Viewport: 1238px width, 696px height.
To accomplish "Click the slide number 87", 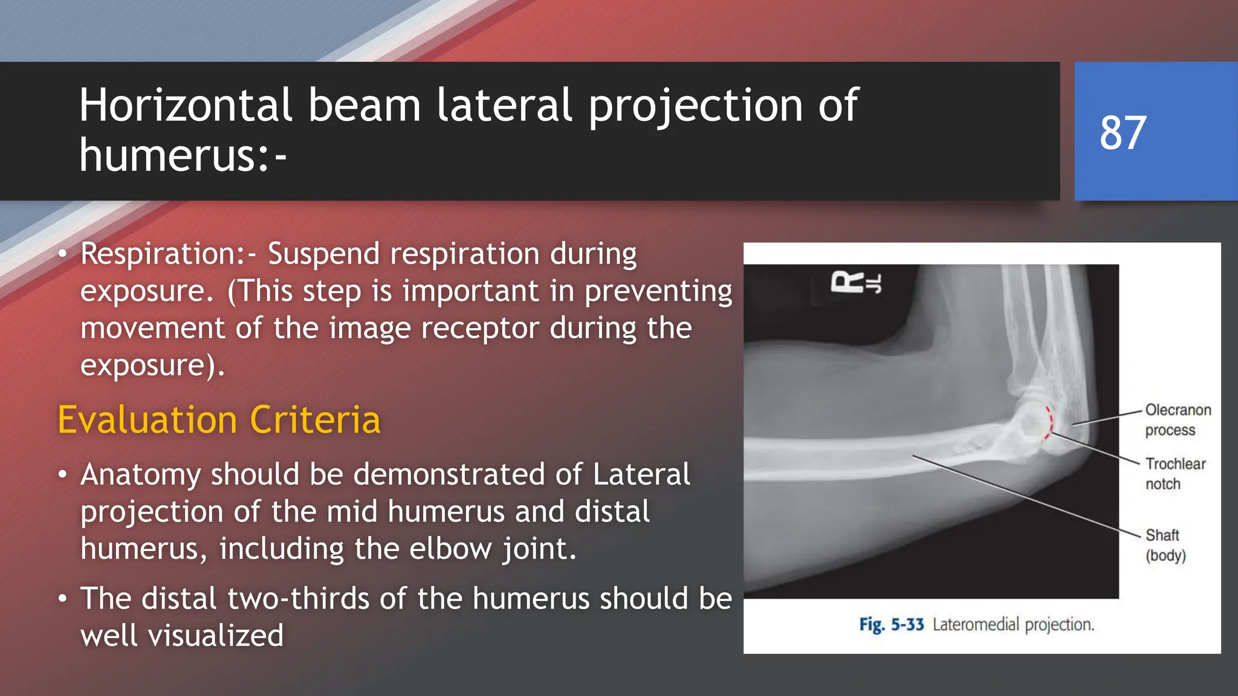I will pos(1123,133).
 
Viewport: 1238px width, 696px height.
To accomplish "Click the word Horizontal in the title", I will pos(186,105).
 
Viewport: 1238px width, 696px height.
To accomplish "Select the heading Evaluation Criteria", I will pos(219,419).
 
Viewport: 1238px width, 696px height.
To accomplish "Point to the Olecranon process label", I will pos(1177,420).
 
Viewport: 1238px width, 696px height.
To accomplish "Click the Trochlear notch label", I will pos(1175,474).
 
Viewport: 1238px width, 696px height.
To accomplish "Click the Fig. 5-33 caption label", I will pos(892,624).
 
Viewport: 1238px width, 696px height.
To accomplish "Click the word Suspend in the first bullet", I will pos(323,254).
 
